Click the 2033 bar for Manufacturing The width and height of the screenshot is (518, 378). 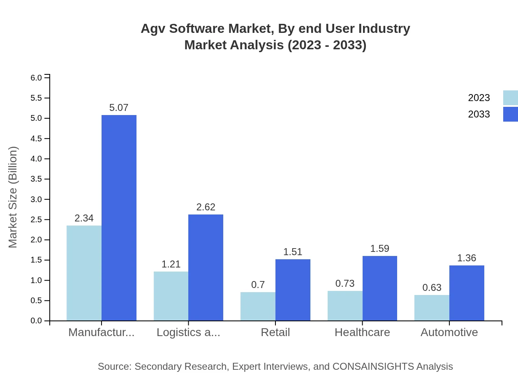tap(119, 218)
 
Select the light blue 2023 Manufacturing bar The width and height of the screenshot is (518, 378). tap(84, 273)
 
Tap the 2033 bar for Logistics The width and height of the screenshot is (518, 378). tap(206, 267)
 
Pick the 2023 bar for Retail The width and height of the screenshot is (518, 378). tap(258, 306)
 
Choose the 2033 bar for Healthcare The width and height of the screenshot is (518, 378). tap(379, 288)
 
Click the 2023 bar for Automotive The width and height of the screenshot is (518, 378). tap(432, 307)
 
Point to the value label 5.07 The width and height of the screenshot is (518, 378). tap(119, 108)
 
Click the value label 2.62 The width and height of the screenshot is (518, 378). tap(206, 207)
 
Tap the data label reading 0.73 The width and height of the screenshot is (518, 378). tap(345, 283)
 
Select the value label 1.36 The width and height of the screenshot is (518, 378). tap(467, 258)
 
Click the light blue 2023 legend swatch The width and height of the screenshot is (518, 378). tap(510, 98)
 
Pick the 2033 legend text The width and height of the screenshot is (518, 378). tap(479, 114)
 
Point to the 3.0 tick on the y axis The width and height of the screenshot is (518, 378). tap(37, 200)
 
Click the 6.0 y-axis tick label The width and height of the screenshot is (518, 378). tap(37, 78)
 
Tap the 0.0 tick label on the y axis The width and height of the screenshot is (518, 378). tap(37, 321)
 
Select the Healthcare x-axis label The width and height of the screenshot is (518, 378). tap(362, 332)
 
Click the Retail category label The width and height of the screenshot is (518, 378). tap(275, 332)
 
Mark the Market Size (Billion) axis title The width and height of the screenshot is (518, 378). tap(13, 197)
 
